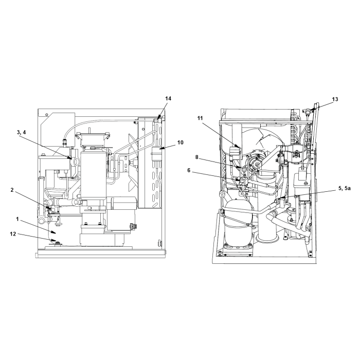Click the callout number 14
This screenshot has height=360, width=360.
pos(168,99)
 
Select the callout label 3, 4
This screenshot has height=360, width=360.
pos(22,133)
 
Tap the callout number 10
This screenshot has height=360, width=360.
pos(180,142)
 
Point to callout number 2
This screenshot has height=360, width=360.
pos(12,190)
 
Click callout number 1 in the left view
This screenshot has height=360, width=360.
pos(17,219)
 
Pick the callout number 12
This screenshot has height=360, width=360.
pos(13,234)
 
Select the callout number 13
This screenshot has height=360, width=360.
pos(335,99)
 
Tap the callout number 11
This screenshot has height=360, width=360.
pos(200,118)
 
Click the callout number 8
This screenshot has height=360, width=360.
pos(196,157)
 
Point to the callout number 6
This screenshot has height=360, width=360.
pos(189,170)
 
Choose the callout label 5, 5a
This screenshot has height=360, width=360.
pos(345,189)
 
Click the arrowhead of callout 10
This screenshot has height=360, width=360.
pos(160,148)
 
